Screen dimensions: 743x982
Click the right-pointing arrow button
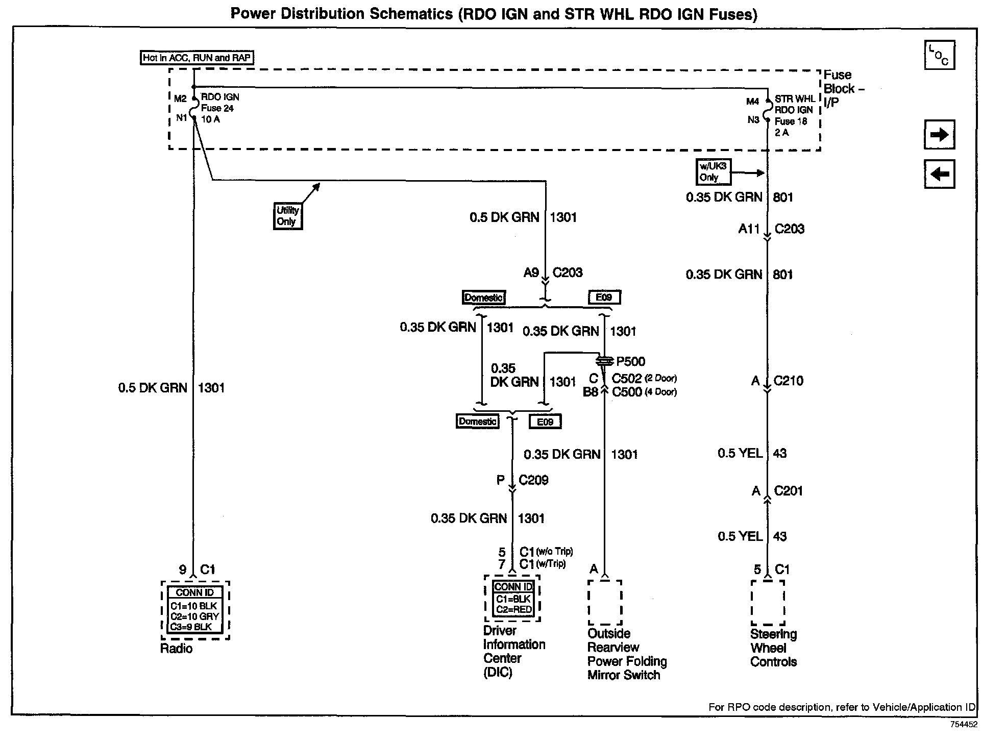tap(939, 135)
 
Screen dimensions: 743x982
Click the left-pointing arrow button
tap(939, 174)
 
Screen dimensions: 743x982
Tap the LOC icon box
tap(939, 55)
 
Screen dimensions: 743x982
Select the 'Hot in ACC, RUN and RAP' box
tap(197, 58)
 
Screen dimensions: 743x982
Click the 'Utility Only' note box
tap(287, 216)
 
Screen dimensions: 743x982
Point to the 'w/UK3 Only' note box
tap(713, 172)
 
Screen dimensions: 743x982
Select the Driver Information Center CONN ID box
tap(512, 599)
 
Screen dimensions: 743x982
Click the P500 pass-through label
tap(630, 362)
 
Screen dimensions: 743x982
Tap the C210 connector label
tap(789, 381)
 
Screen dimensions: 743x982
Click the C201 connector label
tap(788, 491)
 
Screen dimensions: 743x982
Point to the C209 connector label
tap(533, 480)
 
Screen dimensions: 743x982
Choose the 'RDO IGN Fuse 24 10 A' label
tap(219, 108)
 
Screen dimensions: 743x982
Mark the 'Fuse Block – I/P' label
tap(843, 89)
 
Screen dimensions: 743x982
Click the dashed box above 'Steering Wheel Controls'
tap(768, 603)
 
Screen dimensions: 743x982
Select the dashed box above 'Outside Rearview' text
tap(605, 602)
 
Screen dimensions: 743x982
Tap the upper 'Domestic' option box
tap(483, 298)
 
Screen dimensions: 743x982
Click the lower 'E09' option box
tap(545, 422)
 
